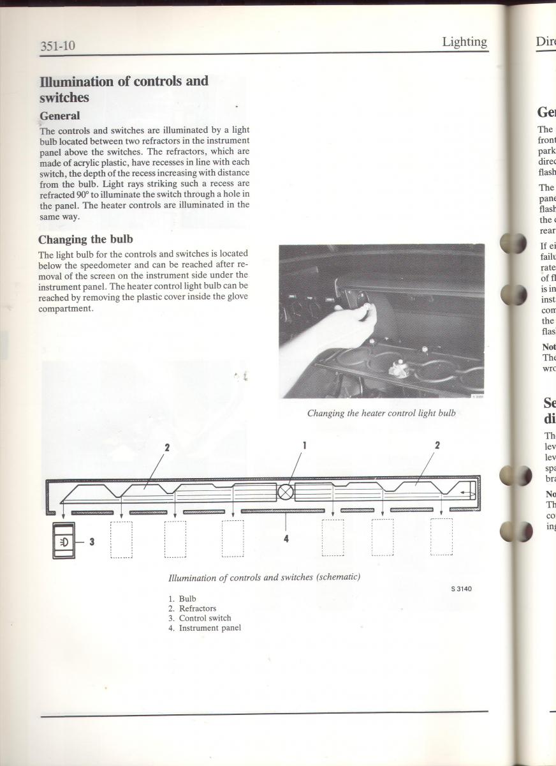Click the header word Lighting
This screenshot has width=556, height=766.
(464, 42)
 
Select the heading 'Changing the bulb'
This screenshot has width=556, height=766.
(85, 239)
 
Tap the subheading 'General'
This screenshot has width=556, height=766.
(59, 116)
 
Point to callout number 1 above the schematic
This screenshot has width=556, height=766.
(304, 446)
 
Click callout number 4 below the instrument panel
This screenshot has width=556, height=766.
(286, 539)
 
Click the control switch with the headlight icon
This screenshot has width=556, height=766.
(64, 541)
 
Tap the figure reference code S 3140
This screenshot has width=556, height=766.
(458, 589)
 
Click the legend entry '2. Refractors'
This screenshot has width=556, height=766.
(193, 608)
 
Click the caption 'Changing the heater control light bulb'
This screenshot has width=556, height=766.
(381, 413)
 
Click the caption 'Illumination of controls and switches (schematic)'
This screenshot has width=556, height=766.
(264, 577)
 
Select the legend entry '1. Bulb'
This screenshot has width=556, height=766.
(183, 599)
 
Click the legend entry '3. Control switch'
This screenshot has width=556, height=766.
(200, 618)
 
